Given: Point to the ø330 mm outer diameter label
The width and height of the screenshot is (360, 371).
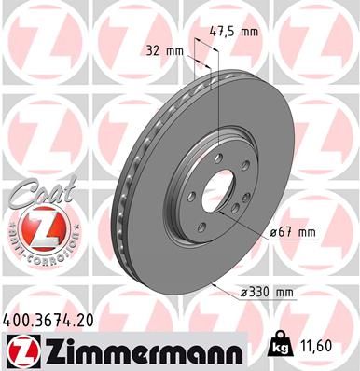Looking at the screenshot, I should click(269, 293).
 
